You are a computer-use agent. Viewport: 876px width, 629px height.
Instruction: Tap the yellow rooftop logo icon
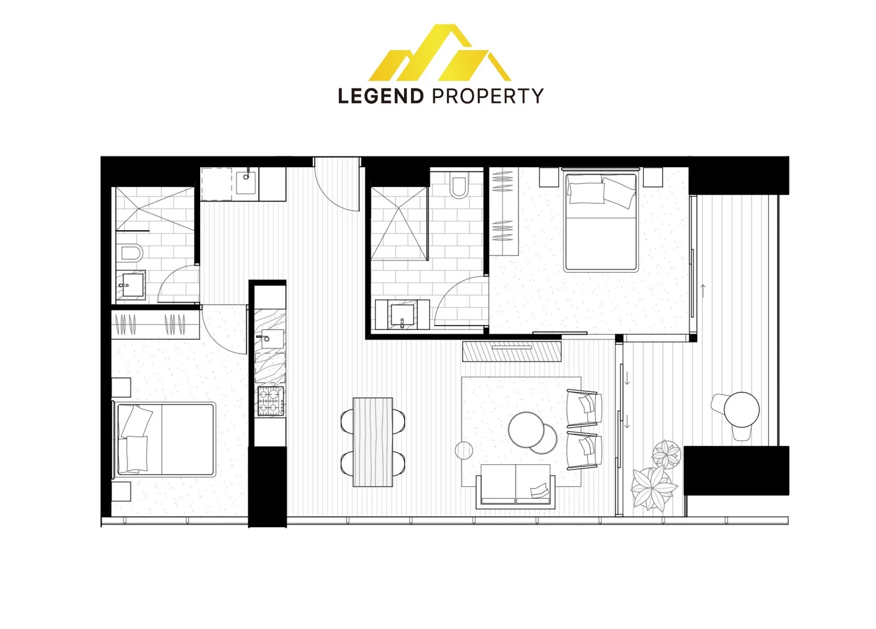coord(439,54)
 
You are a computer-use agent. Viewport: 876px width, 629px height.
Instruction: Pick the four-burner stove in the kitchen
coord(271,401)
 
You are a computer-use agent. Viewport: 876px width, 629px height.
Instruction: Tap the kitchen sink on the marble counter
coord(270,338)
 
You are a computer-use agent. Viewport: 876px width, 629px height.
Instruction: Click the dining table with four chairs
coord(373,441)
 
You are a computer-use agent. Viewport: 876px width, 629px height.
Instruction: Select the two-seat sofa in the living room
coord(515,487)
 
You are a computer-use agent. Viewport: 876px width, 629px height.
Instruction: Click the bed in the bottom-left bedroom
coord(165,438)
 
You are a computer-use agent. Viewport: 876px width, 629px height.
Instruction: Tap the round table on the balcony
coord(742,409)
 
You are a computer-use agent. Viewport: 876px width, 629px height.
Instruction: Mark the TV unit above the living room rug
coord(512,351)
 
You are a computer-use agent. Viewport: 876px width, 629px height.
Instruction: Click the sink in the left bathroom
coord(129,285)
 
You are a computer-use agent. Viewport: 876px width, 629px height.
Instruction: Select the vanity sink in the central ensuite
coord(402,315)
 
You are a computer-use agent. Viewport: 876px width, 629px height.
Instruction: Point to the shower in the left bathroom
coord(154,208)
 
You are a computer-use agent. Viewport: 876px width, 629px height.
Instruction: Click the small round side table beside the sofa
coord(463,450)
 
